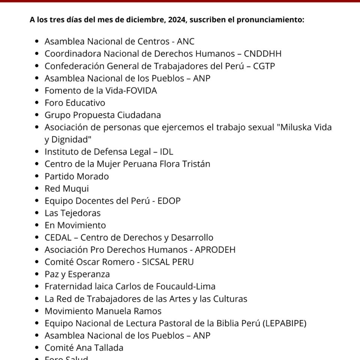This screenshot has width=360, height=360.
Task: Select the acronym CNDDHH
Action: pos(262,54)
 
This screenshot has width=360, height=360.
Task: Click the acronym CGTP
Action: pos(264,66)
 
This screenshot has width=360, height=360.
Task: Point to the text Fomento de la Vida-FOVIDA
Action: pos(100,90)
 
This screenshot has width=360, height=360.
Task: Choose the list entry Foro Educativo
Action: pos(75,103)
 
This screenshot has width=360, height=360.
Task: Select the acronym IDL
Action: pos(166,151)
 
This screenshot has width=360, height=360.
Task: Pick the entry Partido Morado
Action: pos(76,176)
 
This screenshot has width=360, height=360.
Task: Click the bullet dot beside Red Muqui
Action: pos(36,189)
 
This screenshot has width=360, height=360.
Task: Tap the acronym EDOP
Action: pos(169,201)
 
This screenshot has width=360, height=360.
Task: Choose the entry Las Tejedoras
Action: pos(72,213)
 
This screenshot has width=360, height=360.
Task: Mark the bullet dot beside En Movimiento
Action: pos(36,225)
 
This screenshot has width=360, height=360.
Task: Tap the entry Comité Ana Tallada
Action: pos(84,348)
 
